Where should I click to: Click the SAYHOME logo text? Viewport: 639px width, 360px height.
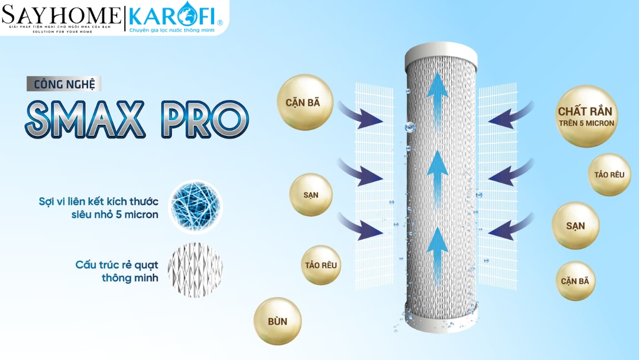tap(61, 15)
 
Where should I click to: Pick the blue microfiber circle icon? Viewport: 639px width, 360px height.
tap(195, 207)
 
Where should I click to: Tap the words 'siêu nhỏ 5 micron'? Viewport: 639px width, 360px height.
tap(121, 215)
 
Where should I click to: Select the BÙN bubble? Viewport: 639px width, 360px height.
tap(277, 321)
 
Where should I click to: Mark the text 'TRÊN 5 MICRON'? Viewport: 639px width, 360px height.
tap(586, 123)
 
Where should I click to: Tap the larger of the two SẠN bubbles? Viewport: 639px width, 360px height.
tap(576, 226)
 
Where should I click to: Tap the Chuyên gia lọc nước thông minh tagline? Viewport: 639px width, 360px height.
tap(173, 30)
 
